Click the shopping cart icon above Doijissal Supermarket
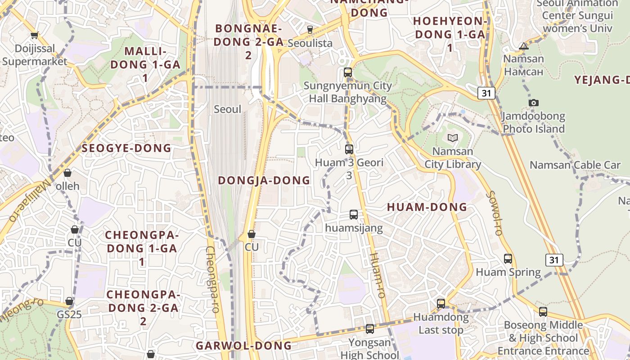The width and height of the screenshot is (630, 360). tap(34, 35)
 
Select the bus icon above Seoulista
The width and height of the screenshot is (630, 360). tap(310, 30)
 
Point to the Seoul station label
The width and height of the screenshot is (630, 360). tap(227, 109)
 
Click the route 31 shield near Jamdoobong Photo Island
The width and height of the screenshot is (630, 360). tap(486, 93)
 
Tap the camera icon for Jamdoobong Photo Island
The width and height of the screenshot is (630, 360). tap(534, 103)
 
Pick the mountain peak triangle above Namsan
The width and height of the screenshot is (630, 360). tap(523, 46)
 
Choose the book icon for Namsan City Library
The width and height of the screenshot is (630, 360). tap(452, 138)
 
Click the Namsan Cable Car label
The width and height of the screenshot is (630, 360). tap(575, 165)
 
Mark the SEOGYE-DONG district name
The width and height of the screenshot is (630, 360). tap(126, 148)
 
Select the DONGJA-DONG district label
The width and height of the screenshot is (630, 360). tap(264, 180)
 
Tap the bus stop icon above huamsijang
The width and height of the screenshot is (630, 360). tap(354, 215)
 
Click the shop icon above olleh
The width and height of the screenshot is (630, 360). tap(67, 173)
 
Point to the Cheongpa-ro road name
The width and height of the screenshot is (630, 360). tap(212, 279)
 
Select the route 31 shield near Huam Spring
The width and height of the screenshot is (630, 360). tap(554, 260)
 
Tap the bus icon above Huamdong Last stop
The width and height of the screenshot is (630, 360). tap(441, 304)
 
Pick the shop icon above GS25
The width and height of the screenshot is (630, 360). tap(69, 301)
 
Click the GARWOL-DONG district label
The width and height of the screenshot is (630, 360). tap(243, 346)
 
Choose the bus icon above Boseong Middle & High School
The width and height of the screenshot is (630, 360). tap(543, 311)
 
